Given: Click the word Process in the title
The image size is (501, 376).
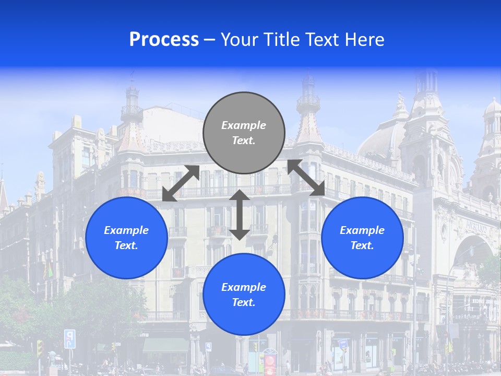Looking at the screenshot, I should click(x=164, y=40).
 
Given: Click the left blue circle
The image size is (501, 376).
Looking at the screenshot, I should click(x=126, y=238).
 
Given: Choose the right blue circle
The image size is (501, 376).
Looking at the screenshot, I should click(x=362, y=238).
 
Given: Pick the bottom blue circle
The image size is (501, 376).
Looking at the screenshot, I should click(x=244, y=295).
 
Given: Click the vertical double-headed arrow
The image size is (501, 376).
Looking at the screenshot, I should click(x=240, y=215).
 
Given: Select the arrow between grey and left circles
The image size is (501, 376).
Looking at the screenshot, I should click(x=181, y=183).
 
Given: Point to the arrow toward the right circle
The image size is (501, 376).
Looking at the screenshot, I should click(x=306, y=178).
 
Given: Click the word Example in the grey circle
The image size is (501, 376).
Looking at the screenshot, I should click(x=244, y=125).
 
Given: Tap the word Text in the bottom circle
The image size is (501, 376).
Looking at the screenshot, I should click(x=243, y=302).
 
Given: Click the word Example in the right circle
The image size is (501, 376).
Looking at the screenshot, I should click(x=362, y=230).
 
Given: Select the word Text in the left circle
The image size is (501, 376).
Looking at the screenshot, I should click(x=126, y=245).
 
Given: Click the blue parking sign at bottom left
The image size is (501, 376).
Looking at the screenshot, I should click(x=69, y=338).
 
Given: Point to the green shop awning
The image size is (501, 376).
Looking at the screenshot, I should click(x=165, y=345).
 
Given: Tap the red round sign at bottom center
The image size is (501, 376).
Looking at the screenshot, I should click(x=270, y=361).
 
